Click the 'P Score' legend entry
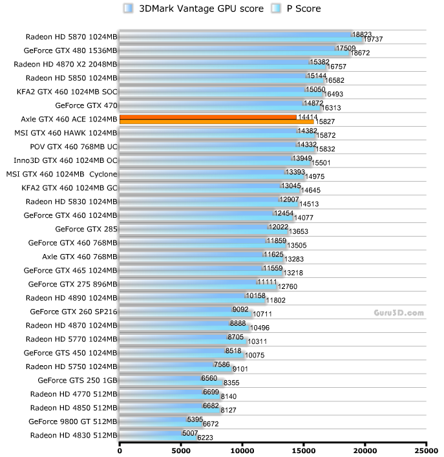[x=297, y=8]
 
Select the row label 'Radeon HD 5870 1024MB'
[x=72, y=36]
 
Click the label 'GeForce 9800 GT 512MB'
[x=73, y=421]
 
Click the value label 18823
[x=362, y=34]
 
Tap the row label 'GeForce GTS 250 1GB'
[x=78, y=379]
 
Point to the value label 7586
[x=223, y=365]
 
